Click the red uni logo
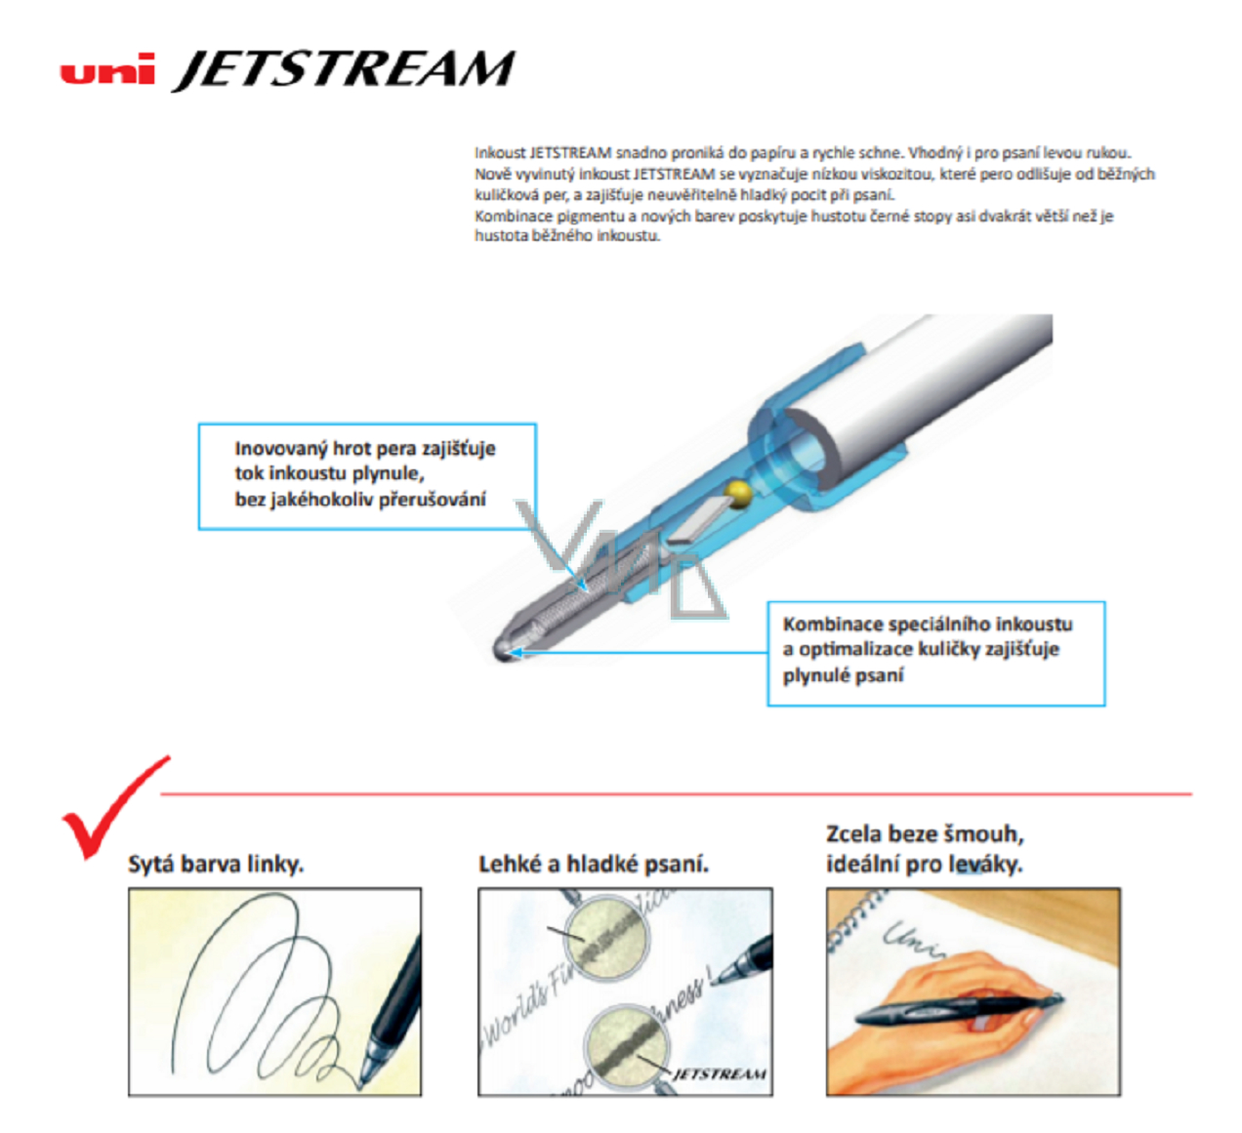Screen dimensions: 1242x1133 click(107, 68)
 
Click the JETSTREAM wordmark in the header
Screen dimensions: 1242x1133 click(345, 70)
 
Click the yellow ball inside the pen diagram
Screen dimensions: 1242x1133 click(737, 495)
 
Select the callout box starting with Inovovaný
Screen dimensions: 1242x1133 click(367, 476)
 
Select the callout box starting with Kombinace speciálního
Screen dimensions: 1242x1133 click(936, 654)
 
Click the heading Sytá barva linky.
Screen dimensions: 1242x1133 click(216, 865)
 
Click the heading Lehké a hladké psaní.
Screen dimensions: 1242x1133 click(594, 864)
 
